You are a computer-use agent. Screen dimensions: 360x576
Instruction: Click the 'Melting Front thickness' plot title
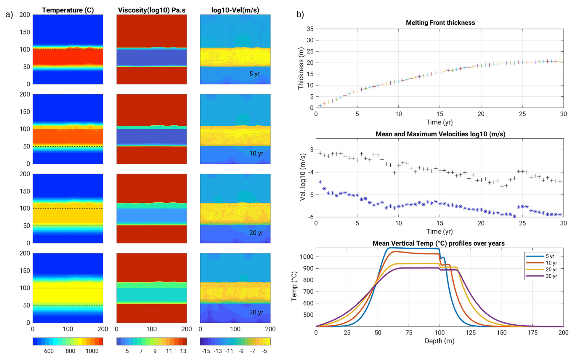[440, 23]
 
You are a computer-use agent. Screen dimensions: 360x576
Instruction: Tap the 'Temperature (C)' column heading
[68, 10]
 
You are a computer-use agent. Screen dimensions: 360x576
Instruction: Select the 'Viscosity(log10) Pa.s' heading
[152, 10]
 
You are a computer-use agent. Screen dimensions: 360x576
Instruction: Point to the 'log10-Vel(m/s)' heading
[235, 10]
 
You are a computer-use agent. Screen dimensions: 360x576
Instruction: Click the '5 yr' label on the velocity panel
[255, 74]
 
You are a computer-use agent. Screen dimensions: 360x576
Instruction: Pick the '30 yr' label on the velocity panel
[256, 312]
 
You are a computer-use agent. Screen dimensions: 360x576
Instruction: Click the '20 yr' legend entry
[551, 270]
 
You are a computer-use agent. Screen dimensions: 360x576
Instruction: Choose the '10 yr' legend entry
[551, 263]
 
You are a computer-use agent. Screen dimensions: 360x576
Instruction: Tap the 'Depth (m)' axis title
[439, 341]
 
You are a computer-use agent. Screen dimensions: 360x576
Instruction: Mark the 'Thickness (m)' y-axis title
[301, 68]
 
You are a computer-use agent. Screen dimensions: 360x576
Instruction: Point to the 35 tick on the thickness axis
[310, 29]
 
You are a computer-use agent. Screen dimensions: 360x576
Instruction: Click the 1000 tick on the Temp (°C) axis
[307, 257]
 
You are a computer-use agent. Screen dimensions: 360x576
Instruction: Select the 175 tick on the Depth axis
[532, 333]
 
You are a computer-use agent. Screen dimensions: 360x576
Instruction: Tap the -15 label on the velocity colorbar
[206, 351]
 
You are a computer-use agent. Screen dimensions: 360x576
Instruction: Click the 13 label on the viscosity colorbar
[183, 351]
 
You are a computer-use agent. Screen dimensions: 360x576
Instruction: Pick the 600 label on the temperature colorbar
[49, 351]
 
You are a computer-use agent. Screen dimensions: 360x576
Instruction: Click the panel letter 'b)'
[300, 14]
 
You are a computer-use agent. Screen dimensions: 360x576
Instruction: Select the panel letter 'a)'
[9, 14]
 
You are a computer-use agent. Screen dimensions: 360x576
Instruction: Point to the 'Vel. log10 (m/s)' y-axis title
[303, 177]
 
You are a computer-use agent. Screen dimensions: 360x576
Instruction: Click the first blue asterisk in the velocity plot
[320, 182]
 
